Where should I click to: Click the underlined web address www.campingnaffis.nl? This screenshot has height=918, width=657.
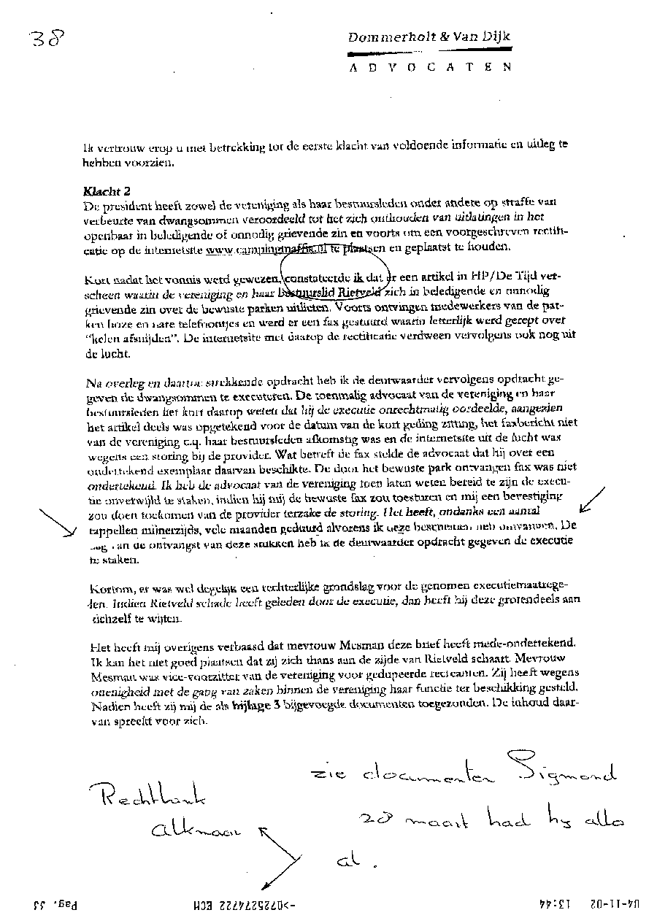click(x=265, y=250)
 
